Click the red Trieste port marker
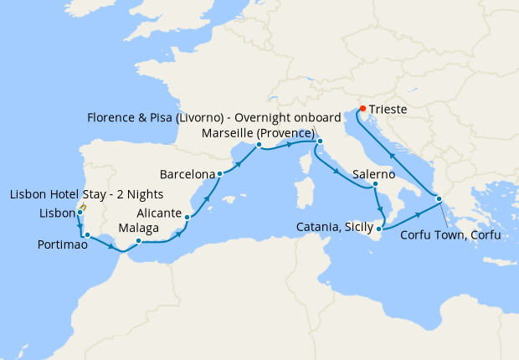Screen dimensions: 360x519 362,108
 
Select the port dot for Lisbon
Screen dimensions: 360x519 80,213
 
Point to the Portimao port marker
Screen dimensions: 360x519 87,235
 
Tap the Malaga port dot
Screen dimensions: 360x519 137,241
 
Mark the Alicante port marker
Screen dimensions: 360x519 187,218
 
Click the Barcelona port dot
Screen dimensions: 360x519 219,174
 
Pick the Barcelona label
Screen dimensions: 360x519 188,175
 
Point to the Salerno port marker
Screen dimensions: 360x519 376,184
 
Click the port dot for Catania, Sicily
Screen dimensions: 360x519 380,228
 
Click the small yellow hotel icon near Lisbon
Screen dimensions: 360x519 84,206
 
